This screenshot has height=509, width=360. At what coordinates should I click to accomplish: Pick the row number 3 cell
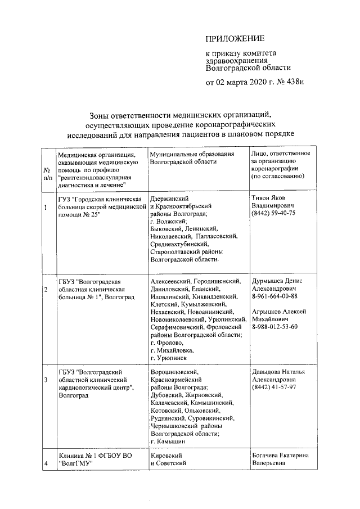pos(46,380)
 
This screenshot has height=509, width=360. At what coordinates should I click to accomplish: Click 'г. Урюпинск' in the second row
pos(169,357)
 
